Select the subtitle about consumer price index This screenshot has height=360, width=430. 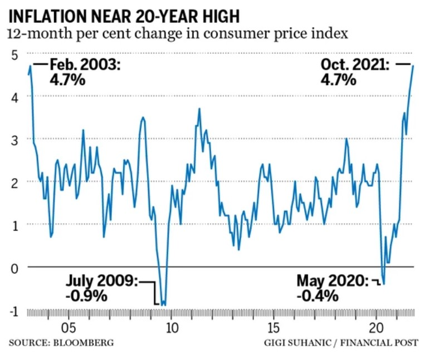click(178, 33)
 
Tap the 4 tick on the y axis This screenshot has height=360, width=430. click(14, 96)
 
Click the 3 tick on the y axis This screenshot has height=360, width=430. click(14, 139)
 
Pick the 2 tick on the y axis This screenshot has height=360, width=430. click(14, 182)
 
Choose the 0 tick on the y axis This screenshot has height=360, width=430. click(14, 267)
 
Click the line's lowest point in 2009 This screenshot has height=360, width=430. click(163, 305)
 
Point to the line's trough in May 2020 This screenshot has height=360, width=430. click(384, 284)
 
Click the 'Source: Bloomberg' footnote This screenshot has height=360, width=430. click(61, 342)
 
